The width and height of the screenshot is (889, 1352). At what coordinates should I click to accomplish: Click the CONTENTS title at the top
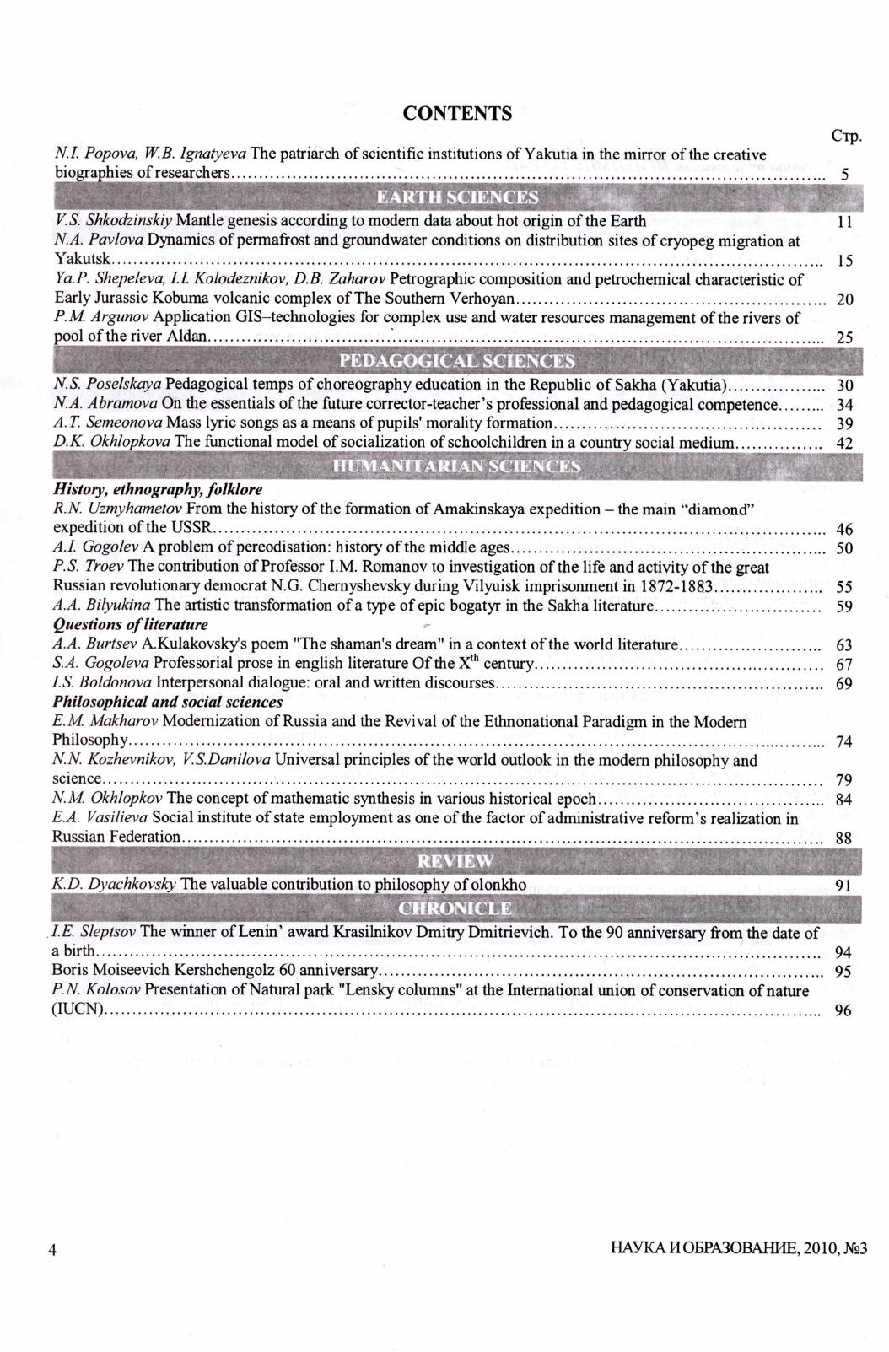[x=457, y=114]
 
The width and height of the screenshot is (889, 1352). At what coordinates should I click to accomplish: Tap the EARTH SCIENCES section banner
[x=456, y=197]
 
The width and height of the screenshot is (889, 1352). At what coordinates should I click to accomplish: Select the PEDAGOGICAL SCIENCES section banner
[x=456, y=362]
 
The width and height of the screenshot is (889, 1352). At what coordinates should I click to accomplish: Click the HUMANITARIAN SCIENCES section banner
[x=456, y=466]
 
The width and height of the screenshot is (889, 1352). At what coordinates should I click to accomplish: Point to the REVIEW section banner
[x=456, y=861]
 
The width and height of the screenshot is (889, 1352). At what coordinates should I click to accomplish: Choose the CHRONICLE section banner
[x=456, y=908]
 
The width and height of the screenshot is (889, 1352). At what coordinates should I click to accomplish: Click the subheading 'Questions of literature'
[x=130, y=625]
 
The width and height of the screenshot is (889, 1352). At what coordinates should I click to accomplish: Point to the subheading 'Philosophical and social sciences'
[x=167, y=702]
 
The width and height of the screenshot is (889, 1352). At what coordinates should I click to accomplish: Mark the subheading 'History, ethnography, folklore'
[x=158, y=489]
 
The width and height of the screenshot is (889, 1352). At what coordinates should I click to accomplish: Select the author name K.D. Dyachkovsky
[x=114, y=885]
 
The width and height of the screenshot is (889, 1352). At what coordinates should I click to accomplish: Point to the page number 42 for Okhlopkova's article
[x=843, y=444]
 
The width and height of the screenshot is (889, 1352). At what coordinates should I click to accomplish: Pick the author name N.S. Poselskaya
[x=107, y=385]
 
